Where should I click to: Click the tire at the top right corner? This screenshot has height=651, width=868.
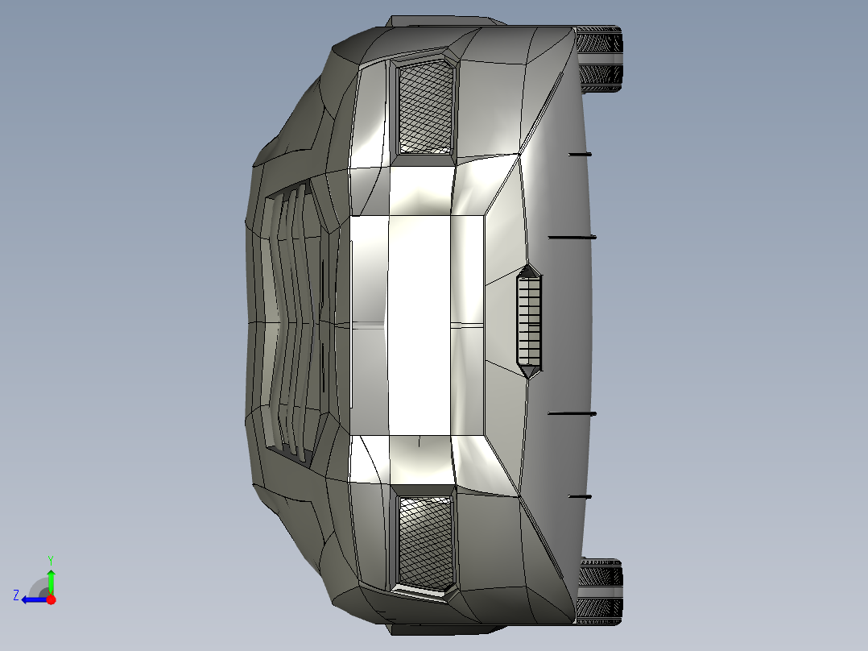coord(601,60)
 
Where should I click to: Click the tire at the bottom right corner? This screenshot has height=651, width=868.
coord(601,591)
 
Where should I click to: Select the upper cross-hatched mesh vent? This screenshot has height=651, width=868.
coord(425,106)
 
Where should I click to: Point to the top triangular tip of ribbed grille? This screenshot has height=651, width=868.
coord(528,270)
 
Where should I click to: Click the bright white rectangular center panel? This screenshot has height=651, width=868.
coord(419,322)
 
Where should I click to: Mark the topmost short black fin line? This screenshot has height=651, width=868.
coord(579,153)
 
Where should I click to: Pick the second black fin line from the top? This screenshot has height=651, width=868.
coord(572,237)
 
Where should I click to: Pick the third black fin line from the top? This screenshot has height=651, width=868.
coord(572,413)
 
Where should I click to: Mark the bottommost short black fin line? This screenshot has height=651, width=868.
coord(579,496)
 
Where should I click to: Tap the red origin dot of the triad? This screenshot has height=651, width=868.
coord(51,599)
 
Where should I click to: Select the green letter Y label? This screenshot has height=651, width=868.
coord(50,559)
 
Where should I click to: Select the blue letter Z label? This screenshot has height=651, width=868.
coord(16,595)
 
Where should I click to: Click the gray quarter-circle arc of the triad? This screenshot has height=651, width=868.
coord(38,586)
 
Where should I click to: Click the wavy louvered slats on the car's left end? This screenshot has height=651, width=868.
coord(290,322)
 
